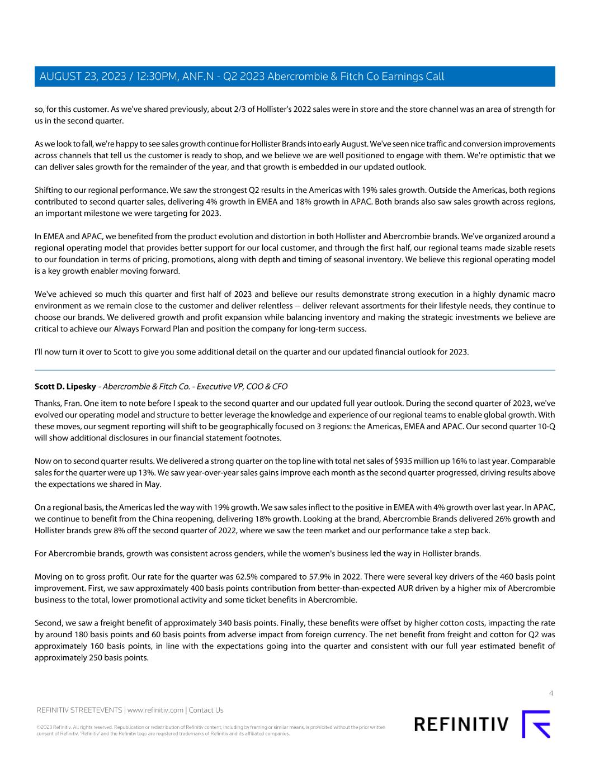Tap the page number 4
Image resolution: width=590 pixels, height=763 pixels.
[x=551, y=694]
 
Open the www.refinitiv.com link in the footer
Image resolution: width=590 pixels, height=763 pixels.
[x=155, y=710]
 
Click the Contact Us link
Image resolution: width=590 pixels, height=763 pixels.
[x=206, y=710]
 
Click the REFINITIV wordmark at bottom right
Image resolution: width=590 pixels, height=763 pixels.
[x=461, y=724]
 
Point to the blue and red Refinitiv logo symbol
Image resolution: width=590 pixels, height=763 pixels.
[x=536, y=724]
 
